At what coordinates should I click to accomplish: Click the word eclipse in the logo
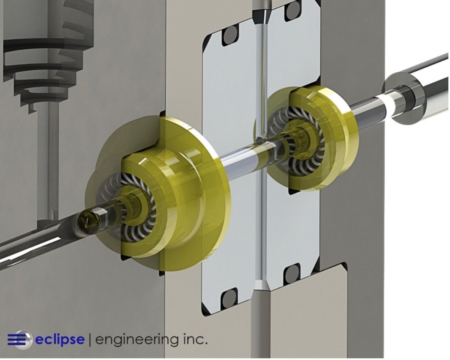coord(60,340)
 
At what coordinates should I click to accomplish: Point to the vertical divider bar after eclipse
coord(90,340)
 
